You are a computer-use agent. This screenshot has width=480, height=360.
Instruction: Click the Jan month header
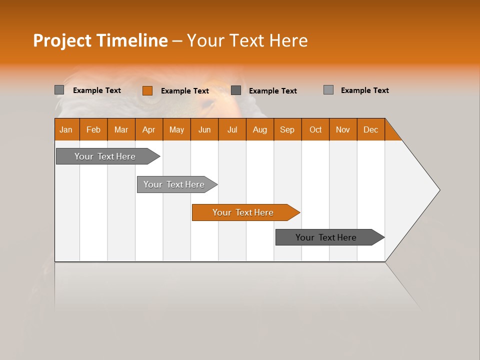tap(66, 129)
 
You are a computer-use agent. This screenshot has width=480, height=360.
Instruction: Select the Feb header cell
tap(93, 129)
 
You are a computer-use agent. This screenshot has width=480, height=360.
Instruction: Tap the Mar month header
tap(121, 129)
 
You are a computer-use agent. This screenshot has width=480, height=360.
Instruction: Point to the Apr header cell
tap(149, 129)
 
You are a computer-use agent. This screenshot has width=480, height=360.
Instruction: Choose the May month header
tap(176, 129)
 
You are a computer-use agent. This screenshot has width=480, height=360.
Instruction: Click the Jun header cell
tap(204, 129)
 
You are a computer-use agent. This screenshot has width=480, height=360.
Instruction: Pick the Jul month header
tap(232, 129)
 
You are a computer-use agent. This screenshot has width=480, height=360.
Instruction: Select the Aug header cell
tap(260, 129)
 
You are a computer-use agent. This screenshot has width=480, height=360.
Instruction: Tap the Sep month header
tap(287, 129)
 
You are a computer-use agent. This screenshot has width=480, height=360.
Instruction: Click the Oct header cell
tap(315, 129)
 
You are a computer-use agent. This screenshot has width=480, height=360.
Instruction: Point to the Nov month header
tap(343, 129)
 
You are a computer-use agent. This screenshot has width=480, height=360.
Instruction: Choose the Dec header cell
tap(371, 129)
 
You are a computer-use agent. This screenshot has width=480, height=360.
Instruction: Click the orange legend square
tap(147, 90)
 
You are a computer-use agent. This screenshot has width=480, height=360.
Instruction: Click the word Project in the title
tap(62, 40)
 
